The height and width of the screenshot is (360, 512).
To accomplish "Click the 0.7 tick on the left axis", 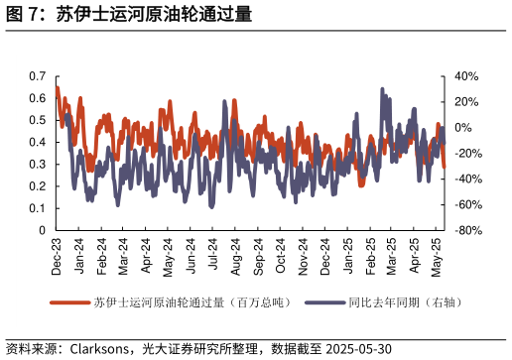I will point(39,76).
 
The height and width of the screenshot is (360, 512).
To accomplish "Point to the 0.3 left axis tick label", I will point(39,164).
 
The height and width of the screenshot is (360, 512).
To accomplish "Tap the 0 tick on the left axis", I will point(43,230).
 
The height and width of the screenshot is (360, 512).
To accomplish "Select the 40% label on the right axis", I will point(466,76).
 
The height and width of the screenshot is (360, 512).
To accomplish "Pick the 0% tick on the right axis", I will point(464,128).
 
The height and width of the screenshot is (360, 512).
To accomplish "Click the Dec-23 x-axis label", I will point(57,256).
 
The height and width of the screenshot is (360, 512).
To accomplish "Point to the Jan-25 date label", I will point(348,256).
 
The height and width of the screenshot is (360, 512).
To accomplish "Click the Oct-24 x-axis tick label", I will point(281,256).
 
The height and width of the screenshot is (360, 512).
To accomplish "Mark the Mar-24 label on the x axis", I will point(124,256).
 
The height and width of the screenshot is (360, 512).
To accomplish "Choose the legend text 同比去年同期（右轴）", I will point(405,301).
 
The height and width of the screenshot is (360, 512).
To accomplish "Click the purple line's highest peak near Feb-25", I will point(382,89).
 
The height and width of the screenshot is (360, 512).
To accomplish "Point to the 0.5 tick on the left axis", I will point(39,120).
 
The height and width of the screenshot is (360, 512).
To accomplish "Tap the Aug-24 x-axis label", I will point(236,256).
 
